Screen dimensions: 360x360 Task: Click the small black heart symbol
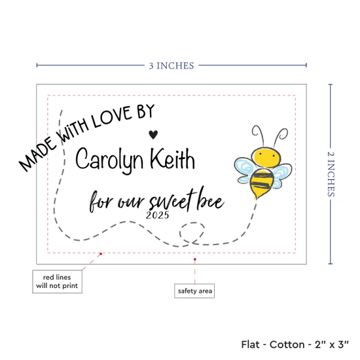click(x=153, y=134)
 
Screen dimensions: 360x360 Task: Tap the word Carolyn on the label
click(x=109, y=160)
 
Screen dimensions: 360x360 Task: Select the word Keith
click(x=172, y=158)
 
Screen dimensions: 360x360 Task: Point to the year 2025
click(x=158, y=215)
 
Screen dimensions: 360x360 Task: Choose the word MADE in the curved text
click(x=38, y=154)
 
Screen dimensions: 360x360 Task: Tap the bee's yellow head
click(x=266, y=157)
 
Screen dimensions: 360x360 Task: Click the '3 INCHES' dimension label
click(x=171, y=66)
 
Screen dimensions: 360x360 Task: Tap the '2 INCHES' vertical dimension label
click(x=331, y=174)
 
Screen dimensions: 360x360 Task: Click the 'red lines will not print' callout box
click(x=57, y=281)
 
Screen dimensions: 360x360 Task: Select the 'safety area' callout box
click(x=194, y=291)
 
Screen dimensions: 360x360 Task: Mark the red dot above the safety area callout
click(x=194, y=259)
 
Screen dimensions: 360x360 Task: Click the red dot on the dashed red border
click(x=101, y=254)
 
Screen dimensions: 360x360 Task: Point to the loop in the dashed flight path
click(x=192, y=232)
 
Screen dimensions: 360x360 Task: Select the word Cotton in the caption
click(x=287, y=344)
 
